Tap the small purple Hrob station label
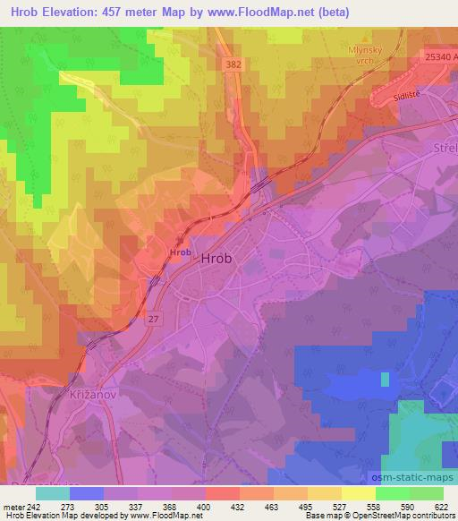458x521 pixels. tap(180, 253)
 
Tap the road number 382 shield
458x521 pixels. tap(234, 65)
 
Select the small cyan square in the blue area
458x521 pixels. tap(385, 380)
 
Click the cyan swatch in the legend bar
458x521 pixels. tap(53, 493)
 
